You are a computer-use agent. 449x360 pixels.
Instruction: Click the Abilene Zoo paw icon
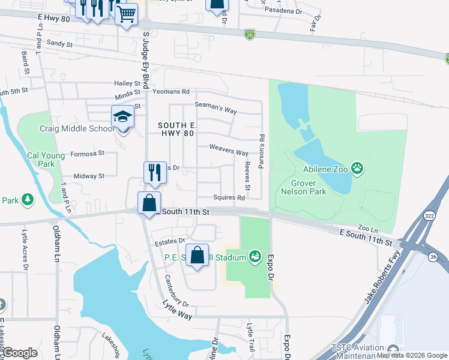[x=358, y=168]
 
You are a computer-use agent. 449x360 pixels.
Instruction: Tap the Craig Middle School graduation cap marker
[x=122, y=117]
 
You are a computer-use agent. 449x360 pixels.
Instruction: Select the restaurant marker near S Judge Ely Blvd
[x=154, y=173]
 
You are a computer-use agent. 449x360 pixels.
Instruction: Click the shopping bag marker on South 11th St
[x=149, y=203]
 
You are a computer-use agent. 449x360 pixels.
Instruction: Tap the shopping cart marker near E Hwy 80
[x=127, y=14]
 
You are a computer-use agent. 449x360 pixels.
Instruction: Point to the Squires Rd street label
[x=229, y=198]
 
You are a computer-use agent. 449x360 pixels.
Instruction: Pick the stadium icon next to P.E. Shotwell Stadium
[x=255, y=257]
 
